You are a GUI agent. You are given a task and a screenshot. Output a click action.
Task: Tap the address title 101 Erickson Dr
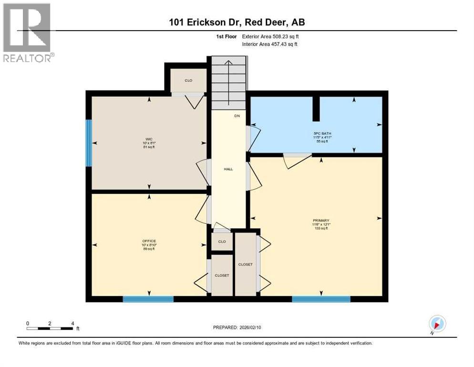[237, 23]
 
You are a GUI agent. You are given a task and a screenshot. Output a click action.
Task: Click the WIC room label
[149, 139]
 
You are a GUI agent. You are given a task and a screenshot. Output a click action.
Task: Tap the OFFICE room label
[149, 241]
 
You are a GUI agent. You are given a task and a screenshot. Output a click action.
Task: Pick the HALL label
[228, 169]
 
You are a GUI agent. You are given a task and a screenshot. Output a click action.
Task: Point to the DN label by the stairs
[237, 116]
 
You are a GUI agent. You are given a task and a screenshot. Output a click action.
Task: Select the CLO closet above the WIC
[188, 80]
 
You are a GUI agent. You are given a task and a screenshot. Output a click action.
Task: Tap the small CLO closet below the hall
[222, 241]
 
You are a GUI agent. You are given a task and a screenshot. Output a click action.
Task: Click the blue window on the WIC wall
[88, 142]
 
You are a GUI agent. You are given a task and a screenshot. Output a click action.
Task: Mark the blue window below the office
[148, 299]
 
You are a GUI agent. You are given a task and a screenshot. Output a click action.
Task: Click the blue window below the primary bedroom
[321, 299]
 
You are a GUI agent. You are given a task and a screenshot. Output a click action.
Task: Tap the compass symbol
[437, 324]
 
